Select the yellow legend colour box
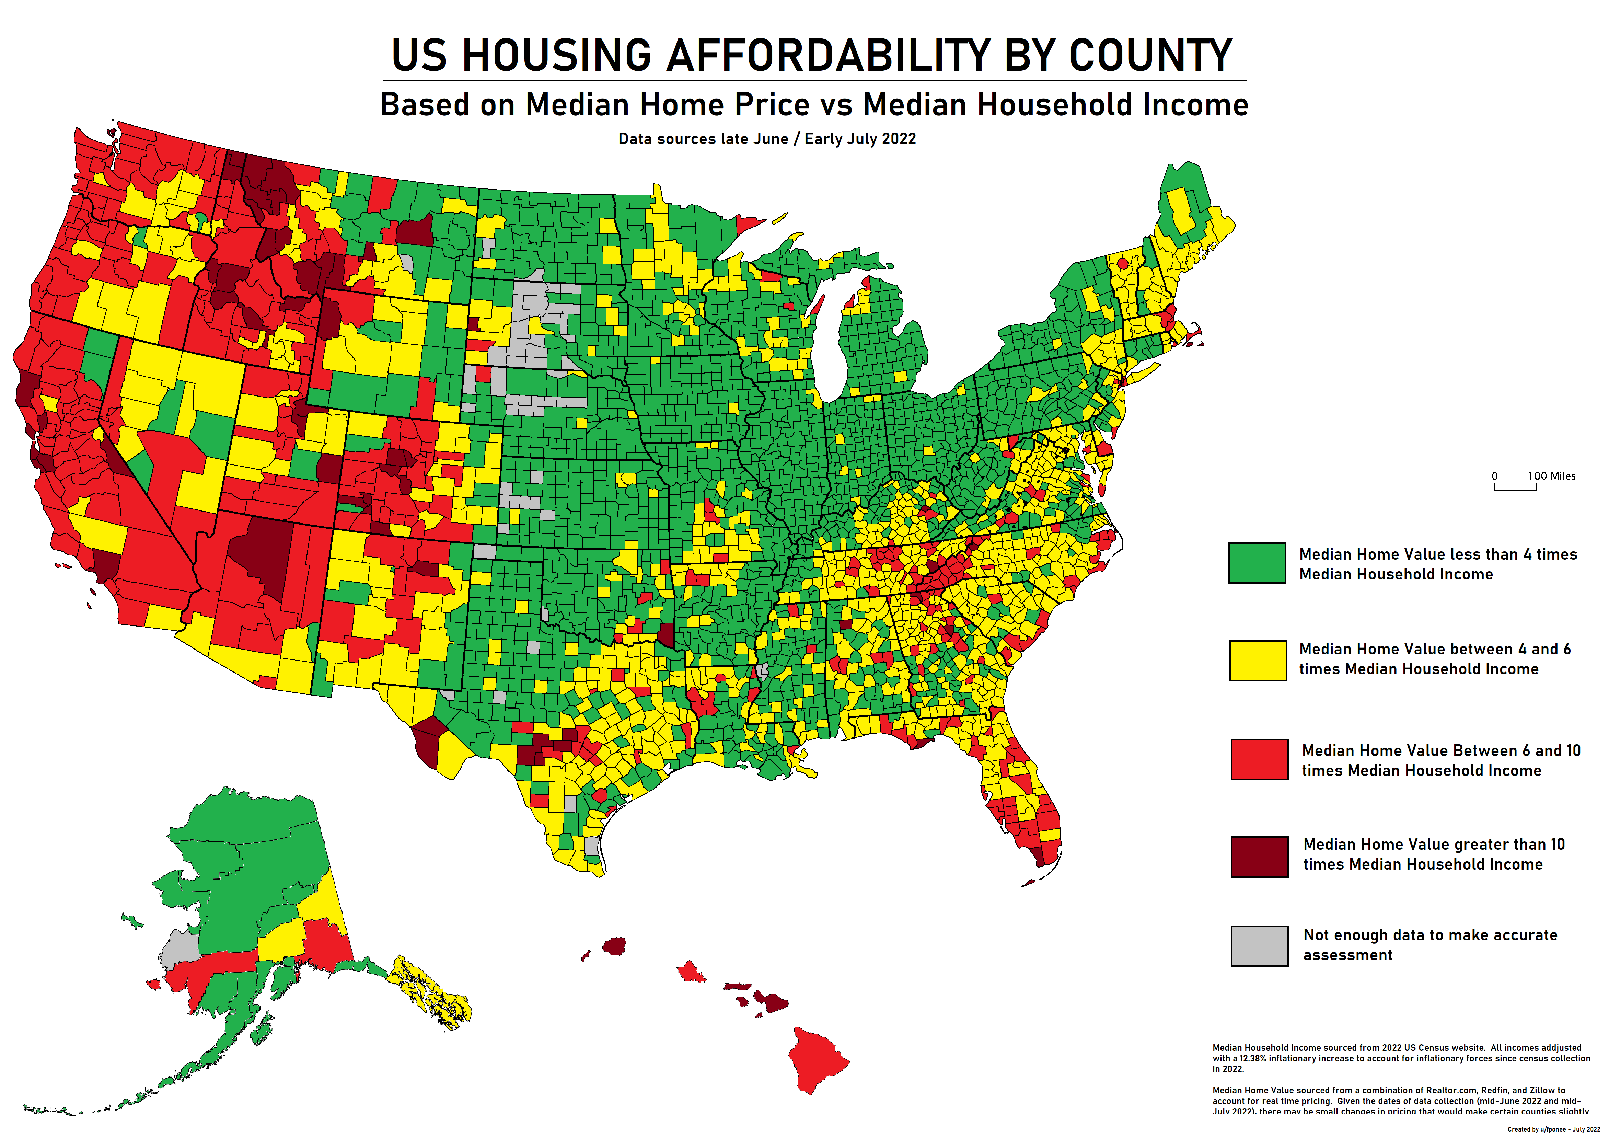tap(1258, 660)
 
